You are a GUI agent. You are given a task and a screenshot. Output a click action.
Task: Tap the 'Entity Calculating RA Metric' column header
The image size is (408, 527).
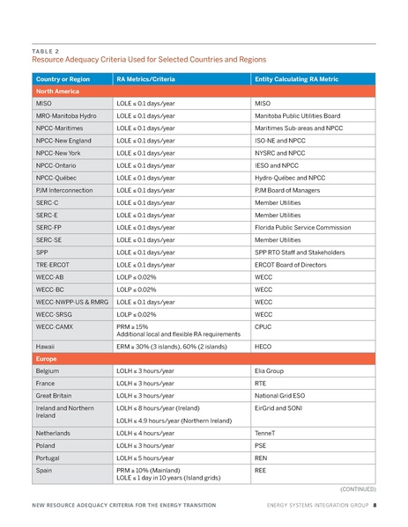pyautogui.click(x=296, y=79)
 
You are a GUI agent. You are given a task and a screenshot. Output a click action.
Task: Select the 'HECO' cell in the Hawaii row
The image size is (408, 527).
pyautogui.click(x=263, y=347)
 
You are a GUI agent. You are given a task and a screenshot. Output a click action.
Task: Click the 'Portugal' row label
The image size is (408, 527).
pyautogui.click(x=49, y=457)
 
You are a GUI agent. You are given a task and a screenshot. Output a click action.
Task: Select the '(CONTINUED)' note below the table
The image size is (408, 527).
pyautogui.click(x=358, y=487)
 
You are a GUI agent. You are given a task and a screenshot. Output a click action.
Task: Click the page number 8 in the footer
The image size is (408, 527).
pyautogui.click(x=375, y=505)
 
